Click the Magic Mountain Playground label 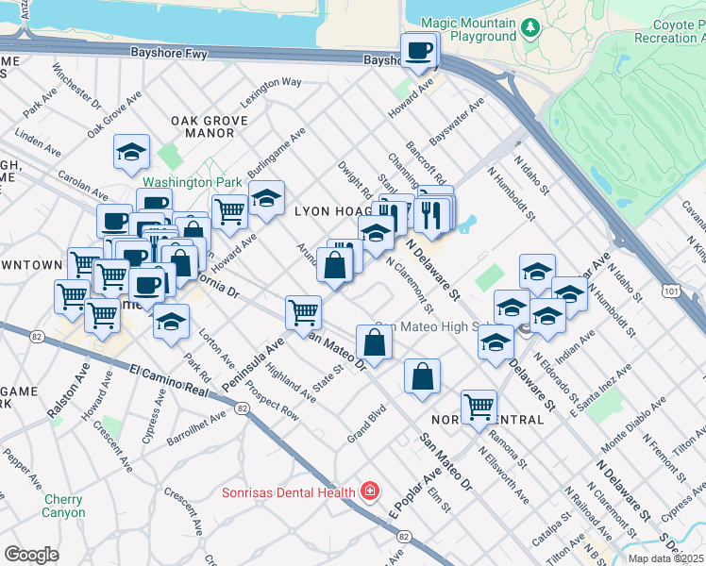[468, 29]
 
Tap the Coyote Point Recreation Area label [665, 30]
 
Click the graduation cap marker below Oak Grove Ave [131, 152]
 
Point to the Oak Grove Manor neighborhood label [209, 126]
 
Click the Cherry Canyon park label [62, 506]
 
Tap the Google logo [31, 555]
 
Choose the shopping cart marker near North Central [479, 408]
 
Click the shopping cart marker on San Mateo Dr [303, 311]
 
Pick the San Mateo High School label [422, 327]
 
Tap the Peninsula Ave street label [252, 363]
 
